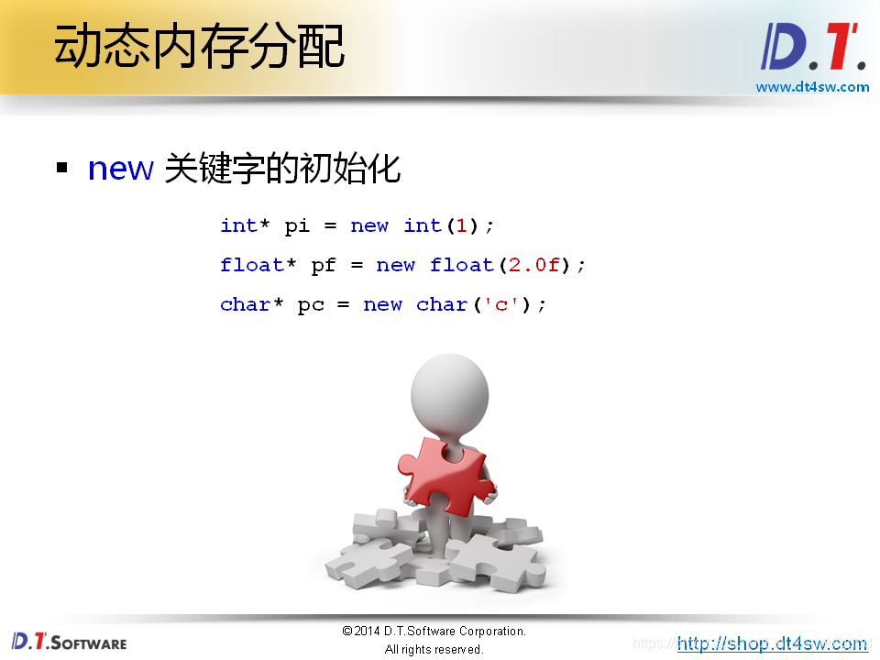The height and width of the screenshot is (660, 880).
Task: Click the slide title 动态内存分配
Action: (x=199, y=46)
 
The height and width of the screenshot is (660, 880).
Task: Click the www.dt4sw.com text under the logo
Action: (x=812, y=87)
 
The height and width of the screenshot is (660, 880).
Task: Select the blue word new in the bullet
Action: (x=119, y=169)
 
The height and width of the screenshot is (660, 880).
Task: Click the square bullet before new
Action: (x=62, y=169)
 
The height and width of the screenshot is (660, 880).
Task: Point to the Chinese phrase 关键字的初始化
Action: (x=282, y=169)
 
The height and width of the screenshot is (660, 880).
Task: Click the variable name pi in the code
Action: (x=297, y=225)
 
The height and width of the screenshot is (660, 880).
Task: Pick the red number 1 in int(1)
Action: (x=462, y=225)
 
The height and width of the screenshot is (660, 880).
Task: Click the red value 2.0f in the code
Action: (x=533, y=265)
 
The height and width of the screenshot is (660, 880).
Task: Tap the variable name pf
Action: (x=324, y=265)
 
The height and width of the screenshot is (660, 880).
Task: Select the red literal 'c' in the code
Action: (x=501, y=304)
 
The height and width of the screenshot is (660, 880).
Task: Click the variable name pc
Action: (x=311, y=304)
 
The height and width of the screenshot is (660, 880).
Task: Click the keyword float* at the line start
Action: (x=258, y=265)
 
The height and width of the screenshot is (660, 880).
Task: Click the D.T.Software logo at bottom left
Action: (x=69, y=642)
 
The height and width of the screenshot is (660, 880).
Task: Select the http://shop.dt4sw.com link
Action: (x=772, y=643)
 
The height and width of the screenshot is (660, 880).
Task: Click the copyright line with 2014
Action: (x=434, y=631)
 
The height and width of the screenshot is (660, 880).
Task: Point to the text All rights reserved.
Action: (x=434, y=649)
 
